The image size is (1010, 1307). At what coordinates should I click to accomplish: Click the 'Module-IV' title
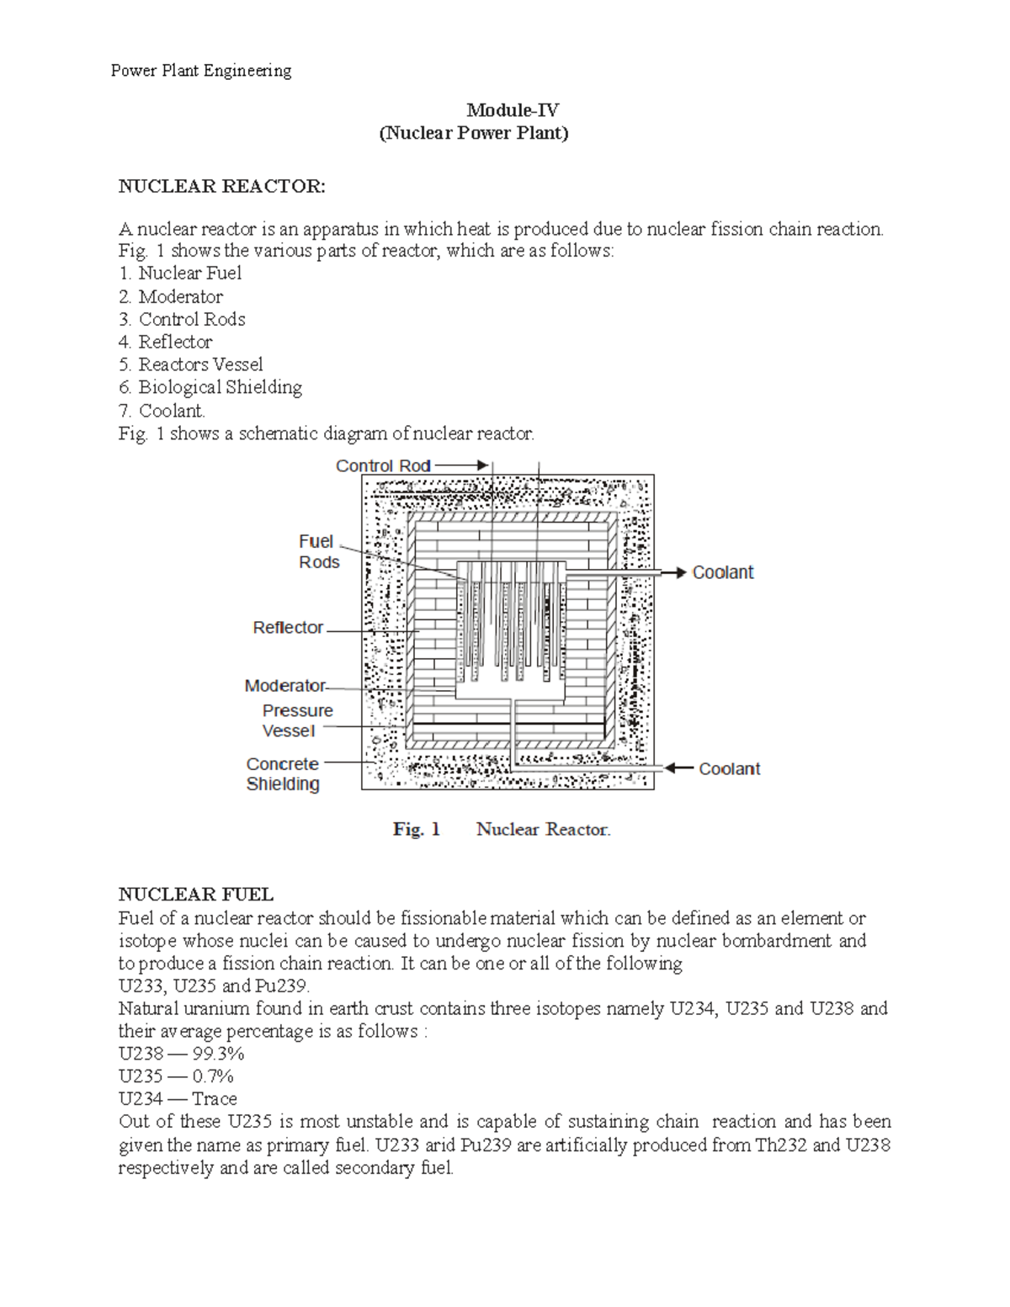pos(513,110)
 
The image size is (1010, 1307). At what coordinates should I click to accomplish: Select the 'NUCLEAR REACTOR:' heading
pos(221,187)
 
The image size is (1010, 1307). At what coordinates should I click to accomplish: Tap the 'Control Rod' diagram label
pos(383,465)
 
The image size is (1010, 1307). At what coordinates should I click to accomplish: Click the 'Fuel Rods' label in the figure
pos(318,552)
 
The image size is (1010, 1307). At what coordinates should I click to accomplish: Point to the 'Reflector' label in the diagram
pos(288,628)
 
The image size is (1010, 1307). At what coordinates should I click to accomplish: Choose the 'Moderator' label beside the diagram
pos(284,686)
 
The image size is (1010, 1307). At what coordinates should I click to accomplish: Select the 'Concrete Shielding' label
pos(283,773)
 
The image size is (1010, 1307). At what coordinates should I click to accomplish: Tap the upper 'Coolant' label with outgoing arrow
pos(722,572)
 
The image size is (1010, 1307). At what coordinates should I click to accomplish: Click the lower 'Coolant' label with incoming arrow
pos(729,768)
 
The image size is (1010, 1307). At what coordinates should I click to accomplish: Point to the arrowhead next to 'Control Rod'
pos(482,465)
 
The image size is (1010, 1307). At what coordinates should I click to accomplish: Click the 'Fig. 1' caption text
pos(417,829)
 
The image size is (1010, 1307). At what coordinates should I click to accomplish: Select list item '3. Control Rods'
pos(182,319)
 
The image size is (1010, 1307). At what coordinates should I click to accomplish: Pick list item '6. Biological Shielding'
pos(210,387)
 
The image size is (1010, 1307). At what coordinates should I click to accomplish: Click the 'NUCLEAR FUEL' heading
pos(195,894)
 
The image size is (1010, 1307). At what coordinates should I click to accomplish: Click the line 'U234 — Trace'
pos(178,1098)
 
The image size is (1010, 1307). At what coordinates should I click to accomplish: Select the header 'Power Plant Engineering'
pos(201,71)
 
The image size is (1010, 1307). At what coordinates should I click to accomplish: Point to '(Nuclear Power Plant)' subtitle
pos(474,133)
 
